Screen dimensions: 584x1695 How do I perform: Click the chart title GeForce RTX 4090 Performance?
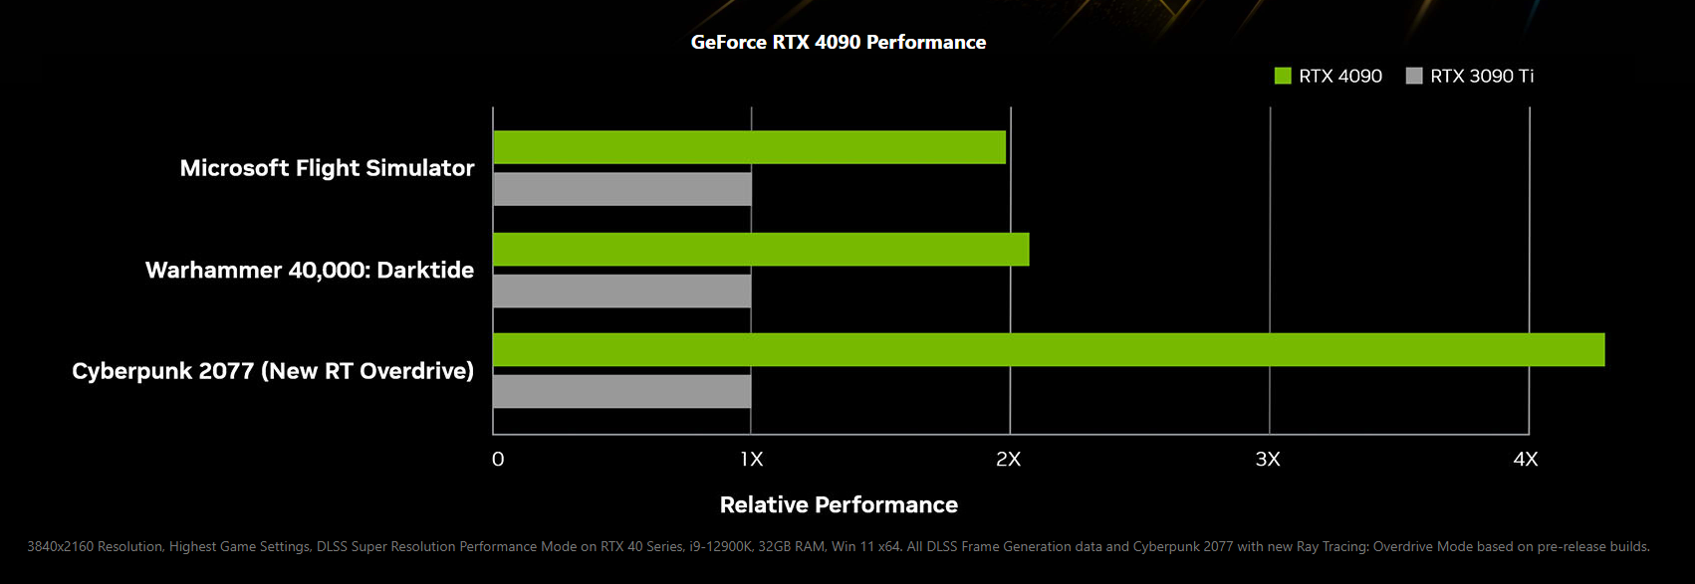click(x=839, y=42)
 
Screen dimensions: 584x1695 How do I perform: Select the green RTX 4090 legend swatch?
click(x=1283, y=76)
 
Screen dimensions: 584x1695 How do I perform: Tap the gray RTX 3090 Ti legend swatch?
click(x=1414, y=76)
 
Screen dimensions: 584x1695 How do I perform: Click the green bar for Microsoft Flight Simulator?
click(x=749, y=147)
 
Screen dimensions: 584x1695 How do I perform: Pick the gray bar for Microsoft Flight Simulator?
click(x=622, y=189)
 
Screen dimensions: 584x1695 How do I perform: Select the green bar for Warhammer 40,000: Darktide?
click(x=761, y=249)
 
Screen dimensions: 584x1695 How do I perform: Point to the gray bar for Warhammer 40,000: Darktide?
click(x=622, y=292)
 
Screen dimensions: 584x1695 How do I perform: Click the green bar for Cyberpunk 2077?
click(x=1049, y=349)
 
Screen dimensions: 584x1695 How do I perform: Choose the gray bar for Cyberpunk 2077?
click(x=622, y=391)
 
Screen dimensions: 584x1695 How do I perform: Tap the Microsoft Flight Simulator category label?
click(x=327, y=168)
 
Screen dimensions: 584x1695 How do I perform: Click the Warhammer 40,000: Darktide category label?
click(x=310, y=270)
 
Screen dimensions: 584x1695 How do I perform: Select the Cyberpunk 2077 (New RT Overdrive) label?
click(x=273, y=371)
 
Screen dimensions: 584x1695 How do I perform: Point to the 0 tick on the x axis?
click(x=498, y=459)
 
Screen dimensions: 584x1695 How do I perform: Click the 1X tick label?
click(x=752, y=459)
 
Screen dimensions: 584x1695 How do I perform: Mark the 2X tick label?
click(x=1009, y=459)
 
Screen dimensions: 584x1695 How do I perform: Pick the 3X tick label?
click(x=1268, y=459)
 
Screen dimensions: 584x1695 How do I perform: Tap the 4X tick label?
click(x=1526, y=459)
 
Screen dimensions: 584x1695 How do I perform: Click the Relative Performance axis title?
click(x=839, y=504)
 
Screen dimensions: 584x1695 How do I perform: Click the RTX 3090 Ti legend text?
click(x=1482, y=76)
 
